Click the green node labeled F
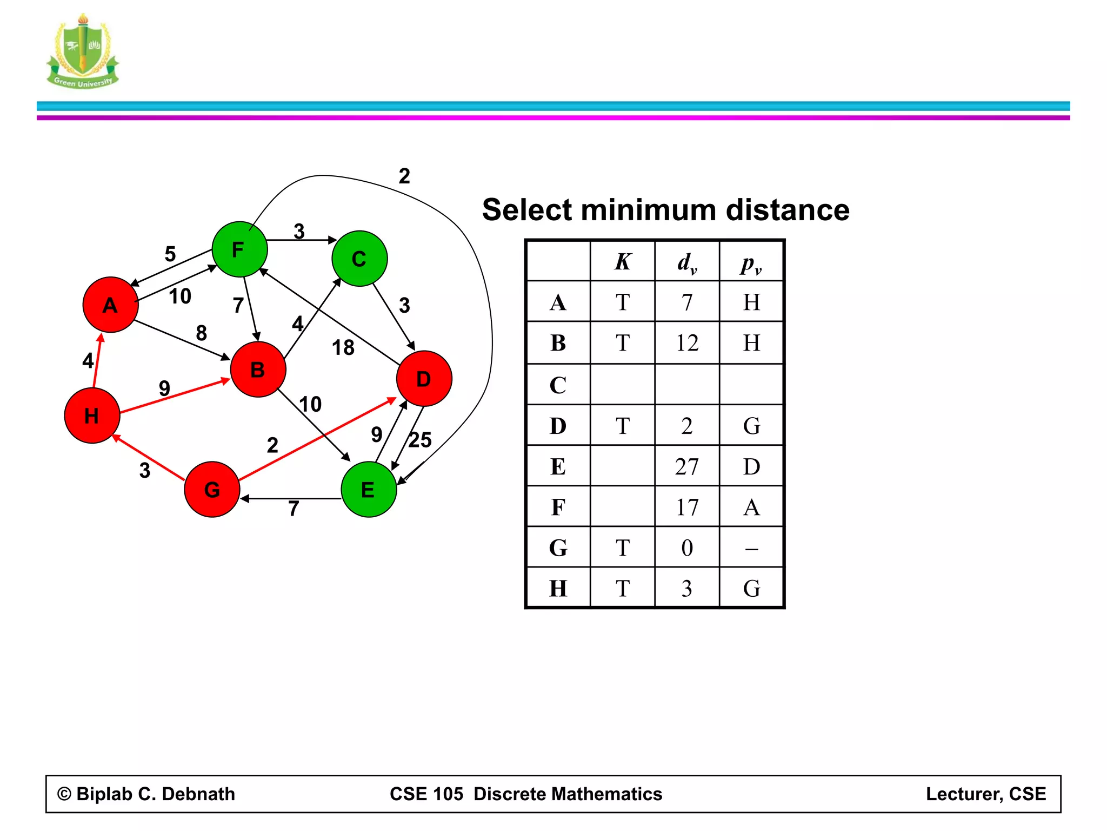[239, 249]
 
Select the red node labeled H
[92, 415]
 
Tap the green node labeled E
[369, 490]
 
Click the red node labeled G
[212, 490]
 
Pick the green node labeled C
[359, 259]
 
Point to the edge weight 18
[343, 347]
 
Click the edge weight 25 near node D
[420, 440]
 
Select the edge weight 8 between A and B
[201, 333]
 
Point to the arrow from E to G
[292, 498]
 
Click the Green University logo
[83, 51]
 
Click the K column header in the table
[623, 262]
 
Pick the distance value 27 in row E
[687, 466]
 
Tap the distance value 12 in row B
[687, 343]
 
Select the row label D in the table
[558, 426]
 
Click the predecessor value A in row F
[751, 507]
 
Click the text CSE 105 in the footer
[426, 794]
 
